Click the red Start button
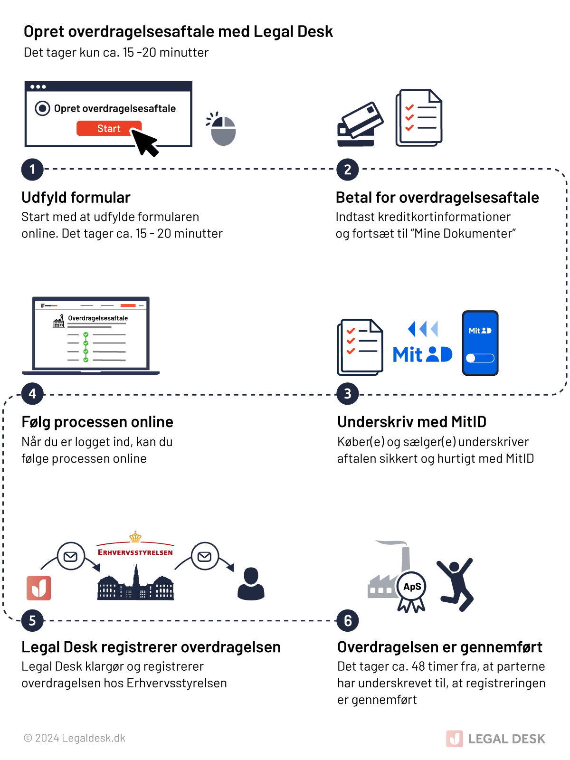(109, 128)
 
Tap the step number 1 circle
(32, 169)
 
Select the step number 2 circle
(348, 170)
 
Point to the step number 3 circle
(348, 394)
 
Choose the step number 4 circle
(32, 394)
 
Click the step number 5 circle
(32, 620)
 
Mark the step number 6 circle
(348, 620)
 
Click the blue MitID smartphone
(480, 343)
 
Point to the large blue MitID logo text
(423, 354)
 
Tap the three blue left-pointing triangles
(423, 329)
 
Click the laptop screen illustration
(91, 333)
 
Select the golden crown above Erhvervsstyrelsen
(135, 537)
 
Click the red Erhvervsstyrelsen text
(135, 552)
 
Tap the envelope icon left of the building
(71, 556)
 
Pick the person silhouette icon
(251, 584)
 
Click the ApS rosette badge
(412, 589)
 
